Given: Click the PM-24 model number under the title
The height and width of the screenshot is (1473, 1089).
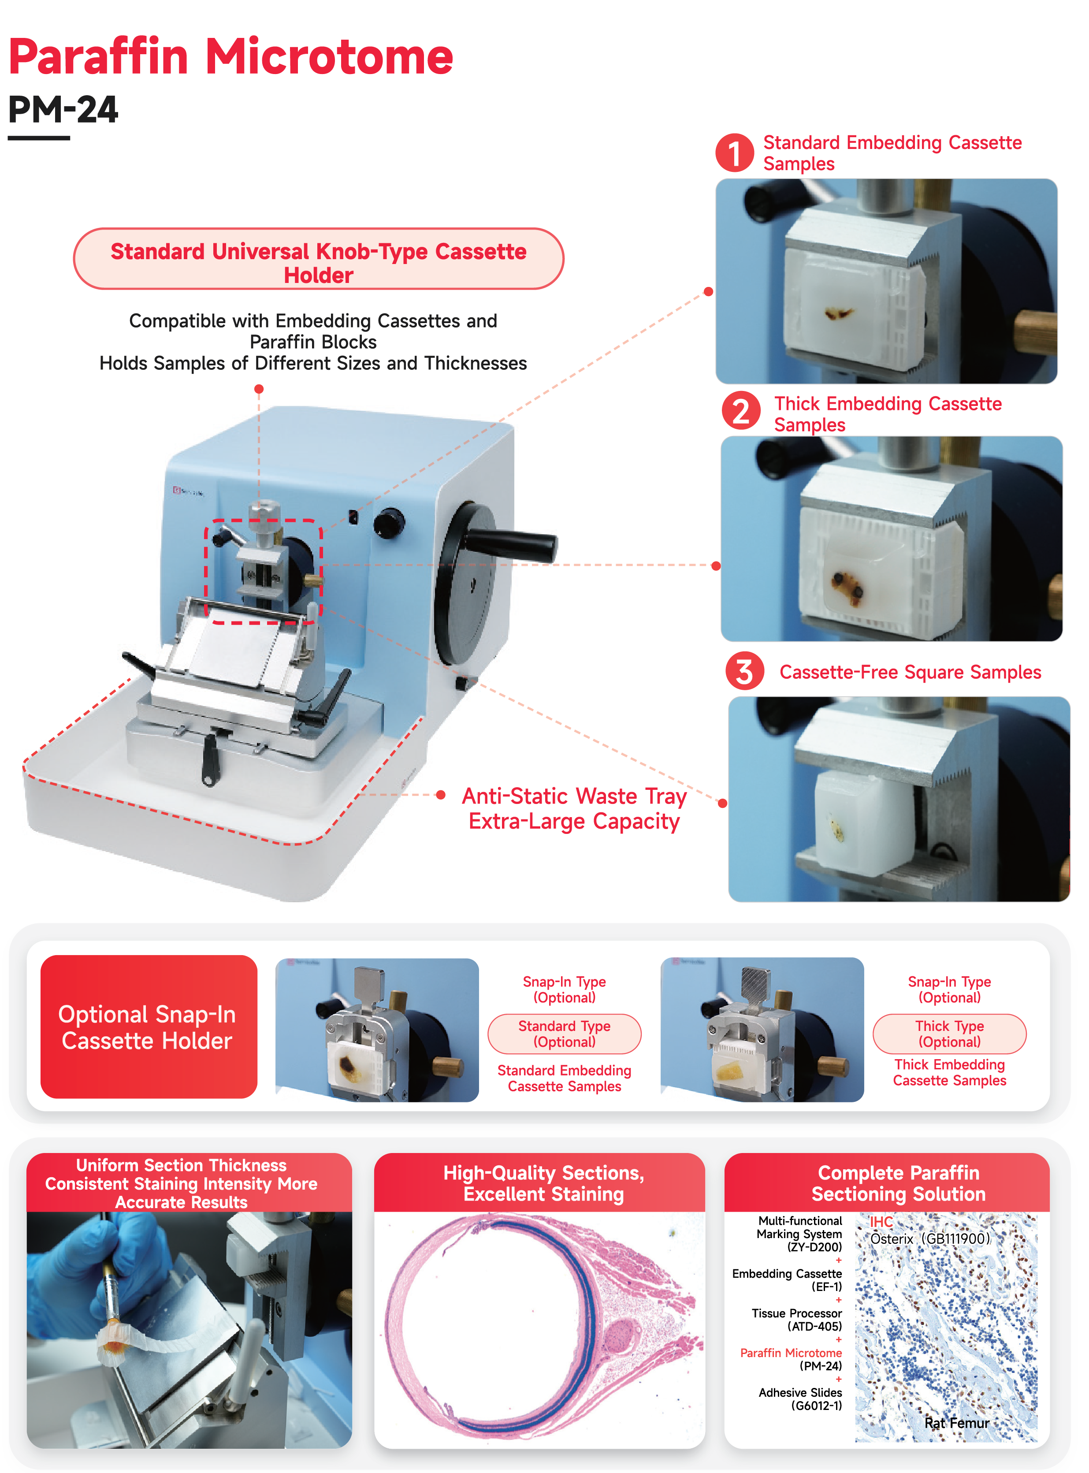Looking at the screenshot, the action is click(x=63, y=109).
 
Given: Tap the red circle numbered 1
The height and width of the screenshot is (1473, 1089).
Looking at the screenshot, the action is click(x=734, y=153).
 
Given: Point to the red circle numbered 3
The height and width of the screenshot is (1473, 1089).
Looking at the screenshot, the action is click(x=744, y=671).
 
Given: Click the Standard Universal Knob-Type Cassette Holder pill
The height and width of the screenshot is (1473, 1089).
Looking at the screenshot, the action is click(x=318, y=258).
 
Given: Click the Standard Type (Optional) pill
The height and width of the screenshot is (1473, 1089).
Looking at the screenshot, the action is click(x=564, y=1034).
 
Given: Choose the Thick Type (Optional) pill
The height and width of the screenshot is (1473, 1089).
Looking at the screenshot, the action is click(x=949, y=1034).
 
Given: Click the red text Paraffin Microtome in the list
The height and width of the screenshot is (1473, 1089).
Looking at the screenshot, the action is click(x=791, y=1353).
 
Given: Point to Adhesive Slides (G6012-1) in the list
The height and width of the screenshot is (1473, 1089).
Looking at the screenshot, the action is click(x=800, y=1399).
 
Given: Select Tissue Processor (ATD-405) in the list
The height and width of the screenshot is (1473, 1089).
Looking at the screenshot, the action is click(x=797, y=1320).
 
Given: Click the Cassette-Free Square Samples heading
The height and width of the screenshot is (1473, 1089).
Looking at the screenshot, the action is click(x=911, y=672).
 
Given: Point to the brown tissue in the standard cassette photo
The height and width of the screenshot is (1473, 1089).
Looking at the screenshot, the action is click(x=839, y=313).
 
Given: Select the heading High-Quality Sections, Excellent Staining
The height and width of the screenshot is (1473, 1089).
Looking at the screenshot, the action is click(x=543, y=1183).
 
